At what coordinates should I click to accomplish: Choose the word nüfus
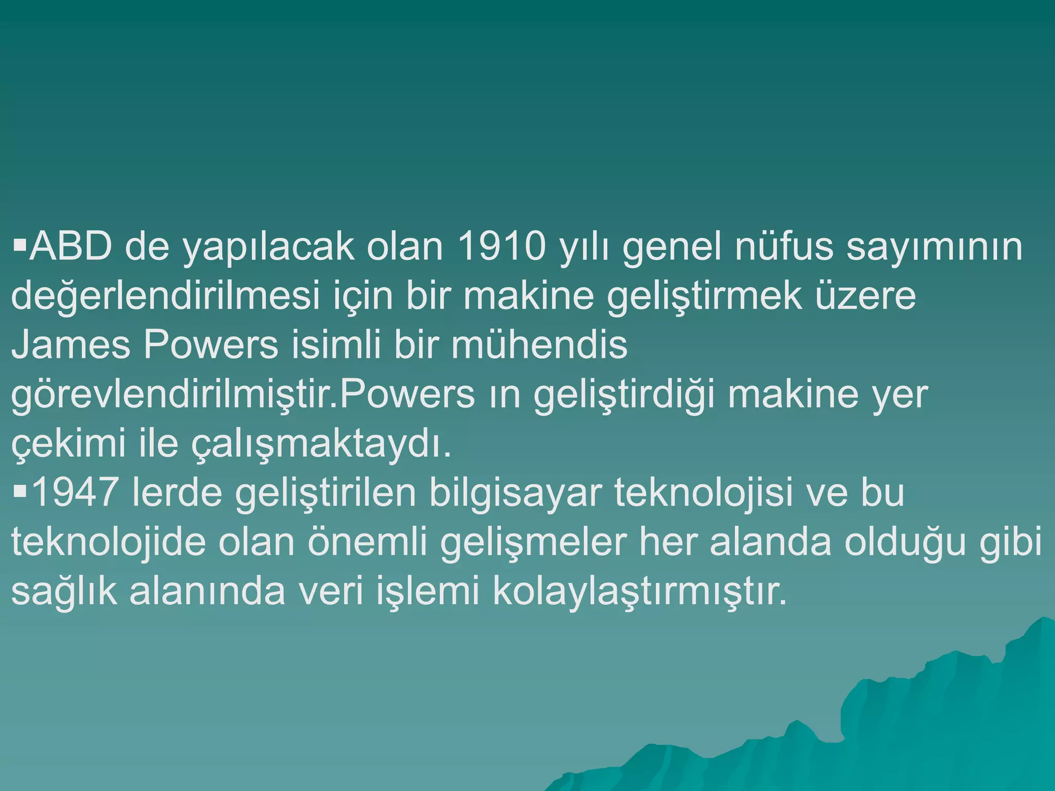point(784,247)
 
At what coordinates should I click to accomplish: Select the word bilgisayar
point(515,493)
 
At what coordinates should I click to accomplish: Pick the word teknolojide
point(108,542)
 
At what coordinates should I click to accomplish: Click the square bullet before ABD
point(19,242)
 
